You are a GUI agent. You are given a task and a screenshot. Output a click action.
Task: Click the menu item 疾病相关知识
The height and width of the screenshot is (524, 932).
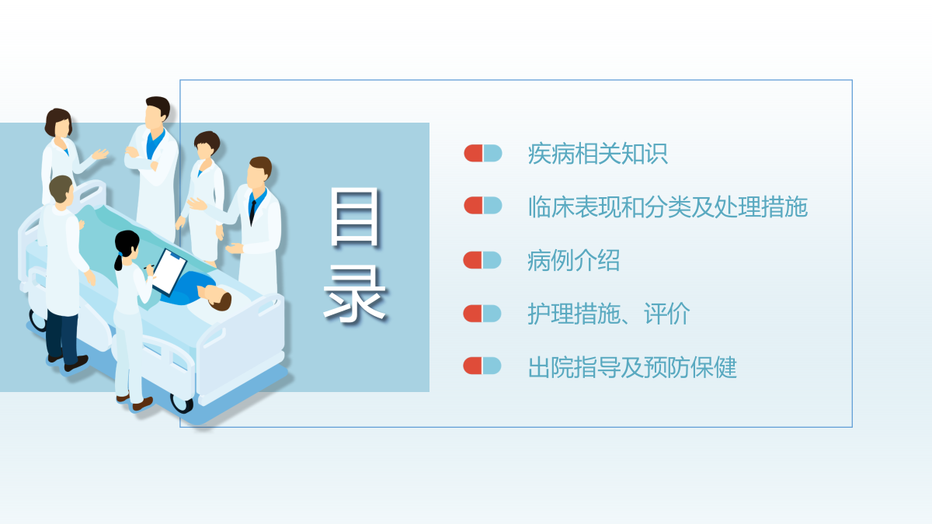tap(597, 154)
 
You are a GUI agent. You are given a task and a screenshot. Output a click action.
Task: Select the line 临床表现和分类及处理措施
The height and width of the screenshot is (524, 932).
tap(668, 206)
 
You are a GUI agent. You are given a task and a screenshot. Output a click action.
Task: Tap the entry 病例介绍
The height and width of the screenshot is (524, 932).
tap(574, 260)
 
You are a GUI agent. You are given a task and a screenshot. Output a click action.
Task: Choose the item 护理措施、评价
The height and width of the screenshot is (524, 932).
tap(609, 314)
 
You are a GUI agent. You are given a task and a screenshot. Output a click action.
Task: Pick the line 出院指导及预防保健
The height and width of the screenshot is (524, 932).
tap(632, 367)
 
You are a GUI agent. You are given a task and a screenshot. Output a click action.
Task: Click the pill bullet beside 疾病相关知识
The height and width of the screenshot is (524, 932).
tap(483, 153)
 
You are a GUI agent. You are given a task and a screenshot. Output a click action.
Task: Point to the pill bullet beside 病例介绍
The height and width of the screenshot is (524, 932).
tap(482, 260)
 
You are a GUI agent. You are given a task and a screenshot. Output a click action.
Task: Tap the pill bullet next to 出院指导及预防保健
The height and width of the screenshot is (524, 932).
tap(482, 366)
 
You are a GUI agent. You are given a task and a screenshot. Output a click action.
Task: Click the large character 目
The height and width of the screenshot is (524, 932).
tap(354, 217)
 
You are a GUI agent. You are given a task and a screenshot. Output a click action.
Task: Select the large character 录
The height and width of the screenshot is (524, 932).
tap(354, 294)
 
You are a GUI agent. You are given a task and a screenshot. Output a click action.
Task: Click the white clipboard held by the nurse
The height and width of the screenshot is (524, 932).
tap(170, 271)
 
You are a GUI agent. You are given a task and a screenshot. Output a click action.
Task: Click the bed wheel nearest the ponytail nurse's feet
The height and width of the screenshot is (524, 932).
tap(183, 404)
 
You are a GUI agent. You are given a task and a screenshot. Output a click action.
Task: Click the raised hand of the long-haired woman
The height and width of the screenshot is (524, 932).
tap(101, 154)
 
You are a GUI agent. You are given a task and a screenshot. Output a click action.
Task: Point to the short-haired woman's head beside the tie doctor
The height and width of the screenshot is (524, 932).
tap(207, 144)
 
